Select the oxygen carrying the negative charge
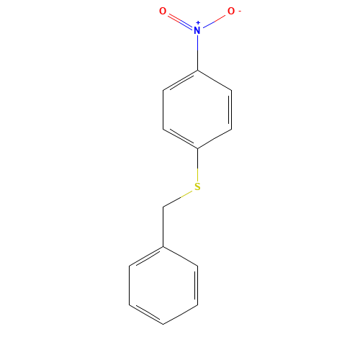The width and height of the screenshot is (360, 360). [231, 12]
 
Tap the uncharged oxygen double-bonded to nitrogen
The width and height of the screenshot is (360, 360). [163, 12]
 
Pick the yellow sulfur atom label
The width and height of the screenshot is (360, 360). [197, 187]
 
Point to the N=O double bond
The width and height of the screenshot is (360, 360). [180, 21]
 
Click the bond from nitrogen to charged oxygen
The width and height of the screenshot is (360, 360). [215, 21]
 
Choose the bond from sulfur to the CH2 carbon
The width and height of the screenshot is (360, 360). [180, 197]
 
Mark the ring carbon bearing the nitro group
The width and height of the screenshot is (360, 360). [197, 71]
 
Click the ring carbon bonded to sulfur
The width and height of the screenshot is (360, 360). [197, 148]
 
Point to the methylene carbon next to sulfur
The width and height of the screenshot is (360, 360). [163, 207]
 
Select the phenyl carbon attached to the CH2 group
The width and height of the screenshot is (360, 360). [163, 247]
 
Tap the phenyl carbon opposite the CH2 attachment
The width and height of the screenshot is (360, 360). [163, 325]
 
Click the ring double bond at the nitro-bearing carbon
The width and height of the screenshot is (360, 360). [180, 81]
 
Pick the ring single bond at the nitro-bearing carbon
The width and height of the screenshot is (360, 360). [215, 81]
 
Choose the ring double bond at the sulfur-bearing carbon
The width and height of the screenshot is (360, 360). [180, 139]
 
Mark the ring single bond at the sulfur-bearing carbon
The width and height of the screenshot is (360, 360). [215, 139]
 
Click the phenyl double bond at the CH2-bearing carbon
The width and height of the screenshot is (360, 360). [146, 257]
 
